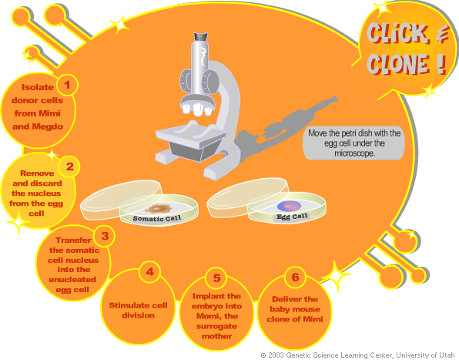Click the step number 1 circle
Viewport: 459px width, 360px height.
[67, 85]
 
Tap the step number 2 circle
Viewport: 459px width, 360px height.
[69, 167]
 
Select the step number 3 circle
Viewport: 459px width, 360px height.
[105, 236]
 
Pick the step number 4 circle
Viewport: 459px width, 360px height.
[149, 272]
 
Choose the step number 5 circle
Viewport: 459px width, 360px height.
[216, 278]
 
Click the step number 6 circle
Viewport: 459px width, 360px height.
[295, 277]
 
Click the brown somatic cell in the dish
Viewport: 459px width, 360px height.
[158, 208]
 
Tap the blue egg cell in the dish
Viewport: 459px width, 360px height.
[289, 207]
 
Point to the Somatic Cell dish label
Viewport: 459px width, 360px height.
[157, 218]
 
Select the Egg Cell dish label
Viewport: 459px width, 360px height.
[292, 217]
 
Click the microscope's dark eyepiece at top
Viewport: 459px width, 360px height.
[201, 37]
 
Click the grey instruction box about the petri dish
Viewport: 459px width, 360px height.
[354, 143]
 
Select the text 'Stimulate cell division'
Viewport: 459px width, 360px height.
[138, 310]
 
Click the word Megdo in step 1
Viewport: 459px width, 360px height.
[48, 126]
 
